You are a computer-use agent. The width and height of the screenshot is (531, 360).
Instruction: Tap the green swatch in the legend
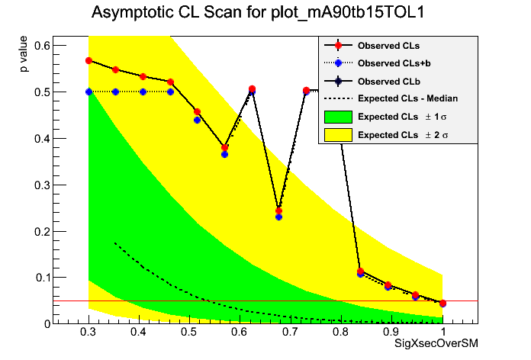click(338, 117)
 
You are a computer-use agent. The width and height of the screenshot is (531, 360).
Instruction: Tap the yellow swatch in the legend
click(338, 134)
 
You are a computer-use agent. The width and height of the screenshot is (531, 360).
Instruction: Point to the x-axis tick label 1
click(443, 333)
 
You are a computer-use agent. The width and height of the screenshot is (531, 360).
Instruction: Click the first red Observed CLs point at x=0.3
click(89, 60)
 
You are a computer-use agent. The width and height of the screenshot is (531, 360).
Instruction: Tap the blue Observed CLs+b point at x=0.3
click(89, 92)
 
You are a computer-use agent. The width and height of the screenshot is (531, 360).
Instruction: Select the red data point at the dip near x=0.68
click(279, 211)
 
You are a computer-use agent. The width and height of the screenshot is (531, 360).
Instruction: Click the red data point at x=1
click(443, 303)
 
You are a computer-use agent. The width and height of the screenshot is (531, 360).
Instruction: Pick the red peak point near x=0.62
click(252, 89)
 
